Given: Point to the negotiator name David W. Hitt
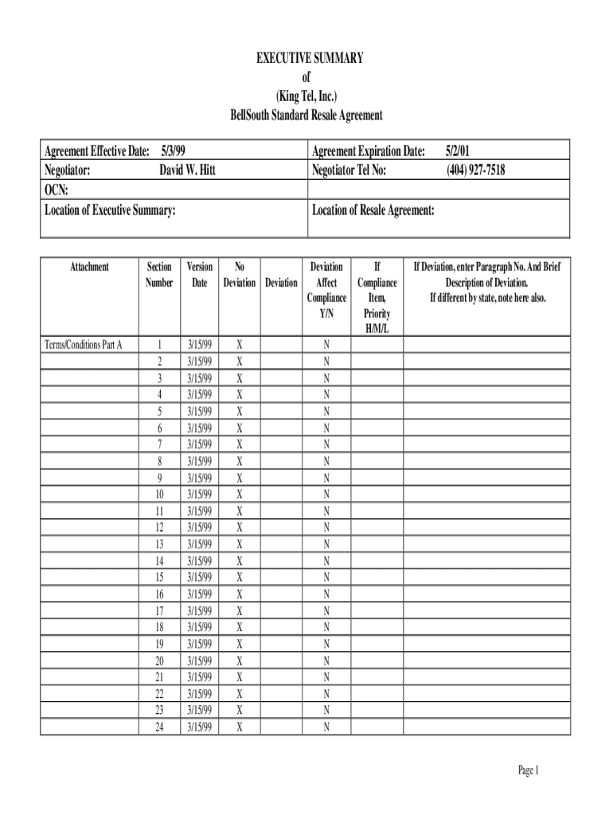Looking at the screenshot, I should pos(187,170).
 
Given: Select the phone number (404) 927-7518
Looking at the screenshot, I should pos(475,170).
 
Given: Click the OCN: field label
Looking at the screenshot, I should pos(56,189).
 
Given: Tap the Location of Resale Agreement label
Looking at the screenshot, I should pos(373,210).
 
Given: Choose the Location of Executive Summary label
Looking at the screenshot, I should pos(110,210).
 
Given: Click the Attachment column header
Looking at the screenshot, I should pos(89,267).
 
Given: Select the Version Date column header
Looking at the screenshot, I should pos(200,275).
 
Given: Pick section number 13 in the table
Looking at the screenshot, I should pos(159,544).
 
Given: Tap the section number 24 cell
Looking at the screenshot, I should pos(159,727).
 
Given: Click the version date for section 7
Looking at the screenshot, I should pos(200,444).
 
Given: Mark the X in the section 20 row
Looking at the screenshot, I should pos(240,661).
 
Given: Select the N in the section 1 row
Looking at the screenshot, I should pos(326,345).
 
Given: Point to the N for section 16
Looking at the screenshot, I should pos(326,594).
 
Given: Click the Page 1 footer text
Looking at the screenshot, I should pos(529,770).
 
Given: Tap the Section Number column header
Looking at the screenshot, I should pos(159,275).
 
